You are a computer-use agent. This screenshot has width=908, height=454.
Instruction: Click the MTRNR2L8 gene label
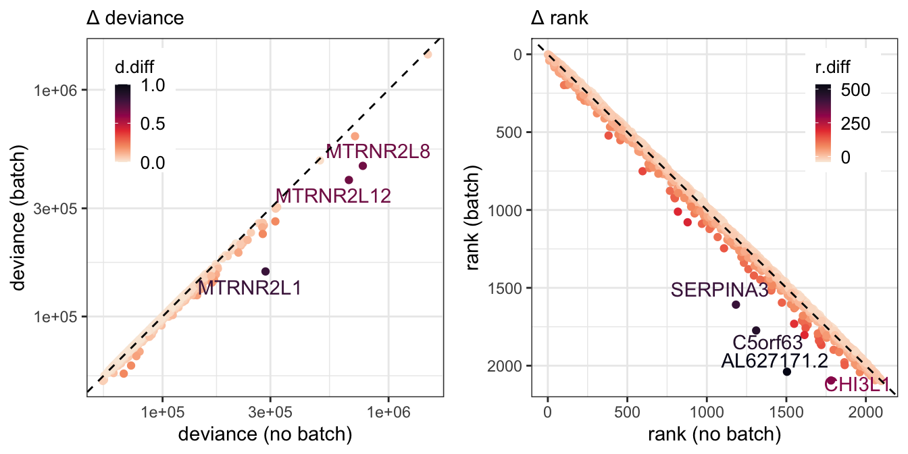click(x=378, y=151)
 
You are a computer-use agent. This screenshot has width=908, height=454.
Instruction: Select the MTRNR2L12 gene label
click(x=333, y=196)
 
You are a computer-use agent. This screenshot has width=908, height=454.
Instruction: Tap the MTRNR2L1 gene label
click(x=250, y=288)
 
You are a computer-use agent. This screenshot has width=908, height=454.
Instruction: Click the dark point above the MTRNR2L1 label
click(x=266, y=272)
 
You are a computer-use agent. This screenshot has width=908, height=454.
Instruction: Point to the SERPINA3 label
click(x=720, y=291)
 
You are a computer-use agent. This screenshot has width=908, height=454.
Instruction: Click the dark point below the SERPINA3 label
click(x=736, y=305)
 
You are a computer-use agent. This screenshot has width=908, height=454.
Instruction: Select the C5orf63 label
click(x=767, y=343)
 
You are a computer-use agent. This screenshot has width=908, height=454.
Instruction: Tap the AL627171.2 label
click(x=774, y=361)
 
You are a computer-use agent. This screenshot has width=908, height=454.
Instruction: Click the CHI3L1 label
click(x=857, y=384)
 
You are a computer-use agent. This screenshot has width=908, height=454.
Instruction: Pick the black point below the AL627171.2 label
click(x=787, y=372)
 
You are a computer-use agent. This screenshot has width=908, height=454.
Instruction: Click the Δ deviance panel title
click(x=135, y=18)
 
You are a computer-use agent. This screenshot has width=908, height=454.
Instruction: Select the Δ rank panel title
click(x=559, y=18)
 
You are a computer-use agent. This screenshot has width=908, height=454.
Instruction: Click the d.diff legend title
click(x=134, y=68)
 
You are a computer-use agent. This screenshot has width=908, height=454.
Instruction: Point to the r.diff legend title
click(x=832, y=68)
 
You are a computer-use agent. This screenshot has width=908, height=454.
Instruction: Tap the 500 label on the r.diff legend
click(x=855, y=90)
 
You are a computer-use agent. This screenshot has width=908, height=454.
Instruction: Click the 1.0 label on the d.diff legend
click(x=153, y=86)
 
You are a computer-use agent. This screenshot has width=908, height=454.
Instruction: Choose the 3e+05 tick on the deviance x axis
click(x=270, y=413)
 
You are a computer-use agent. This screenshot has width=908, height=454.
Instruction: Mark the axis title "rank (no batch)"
click(x=714, y=434)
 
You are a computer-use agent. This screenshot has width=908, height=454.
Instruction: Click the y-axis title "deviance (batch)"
click(x=18, y=218)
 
